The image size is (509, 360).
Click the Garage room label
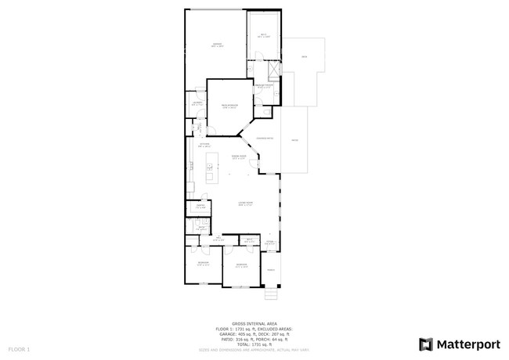coord(217,45)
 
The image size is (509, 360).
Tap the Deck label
coord(304,57)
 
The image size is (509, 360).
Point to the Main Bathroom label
coord(263,86)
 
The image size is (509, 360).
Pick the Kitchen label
coord(204,146)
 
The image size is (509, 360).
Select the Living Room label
coord(244,204)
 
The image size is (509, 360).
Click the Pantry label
coord(200,207)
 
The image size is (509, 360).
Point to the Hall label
coord(218,239)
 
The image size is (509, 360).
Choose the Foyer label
coord(269,243)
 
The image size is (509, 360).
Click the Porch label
coord(271,270)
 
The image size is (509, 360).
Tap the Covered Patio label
coord(264,139)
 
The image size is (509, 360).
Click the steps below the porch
coord(272,294)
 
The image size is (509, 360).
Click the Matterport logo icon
coord(425,344)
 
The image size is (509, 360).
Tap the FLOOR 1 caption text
coord(19,347)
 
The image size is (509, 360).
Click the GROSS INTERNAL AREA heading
coord(254,322)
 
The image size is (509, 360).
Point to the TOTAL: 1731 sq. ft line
coord(254,344)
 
